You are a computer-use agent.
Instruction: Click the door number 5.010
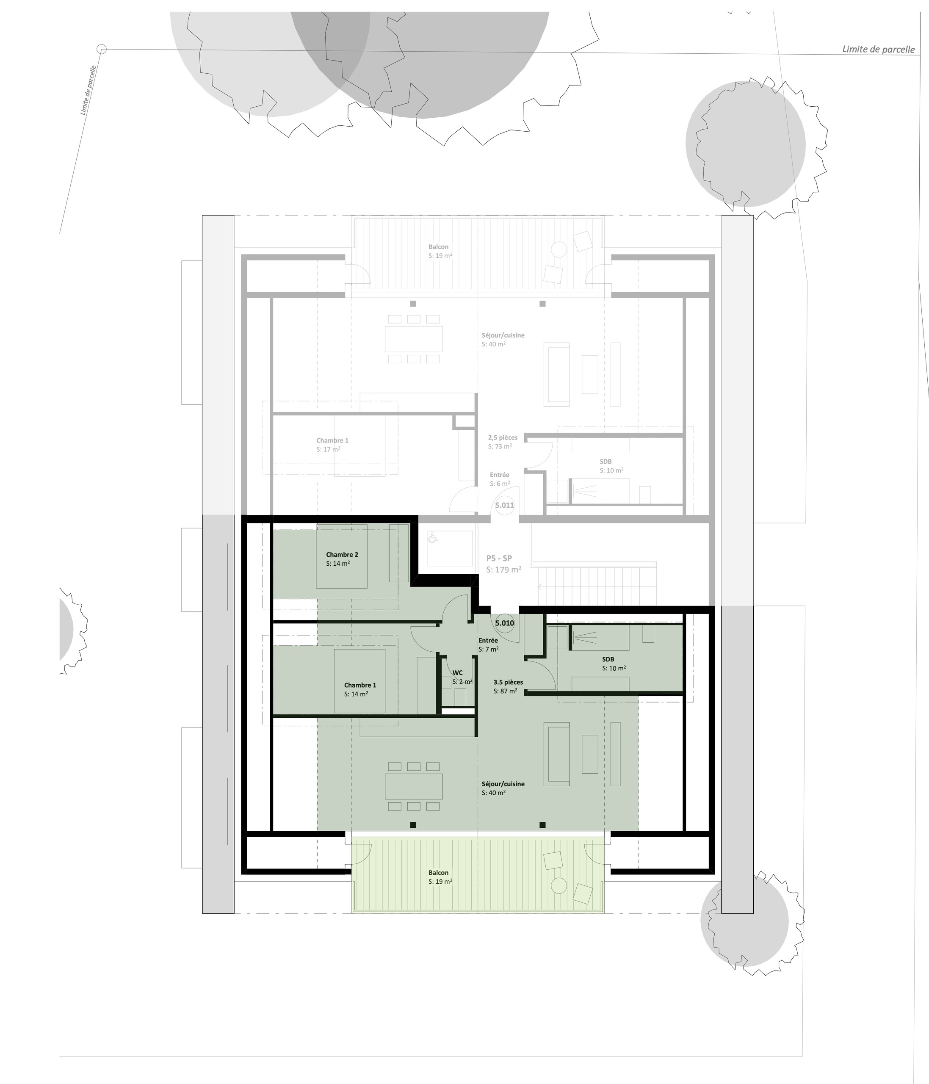(504, 623)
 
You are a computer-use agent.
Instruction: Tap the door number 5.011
(504, 506)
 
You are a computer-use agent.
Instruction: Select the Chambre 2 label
(342, 555)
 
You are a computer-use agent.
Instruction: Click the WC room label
(457, 673)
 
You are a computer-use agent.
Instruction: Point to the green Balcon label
(438, 873)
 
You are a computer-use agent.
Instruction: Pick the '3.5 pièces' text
(508, 682)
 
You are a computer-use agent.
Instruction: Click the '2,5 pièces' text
(503, 437)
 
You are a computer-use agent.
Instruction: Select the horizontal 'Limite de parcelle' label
(878, 49)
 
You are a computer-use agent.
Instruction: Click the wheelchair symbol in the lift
(433, 537)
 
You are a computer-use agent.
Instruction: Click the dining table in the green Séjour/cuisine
(414, 786)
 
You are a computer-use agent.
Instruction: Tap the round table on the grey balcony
(559, 249)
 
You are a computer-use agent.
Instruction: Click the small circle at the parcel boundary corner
(102, 49)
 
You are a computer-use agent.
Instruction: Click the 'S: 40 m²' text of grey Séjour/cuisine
(493, 344)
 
